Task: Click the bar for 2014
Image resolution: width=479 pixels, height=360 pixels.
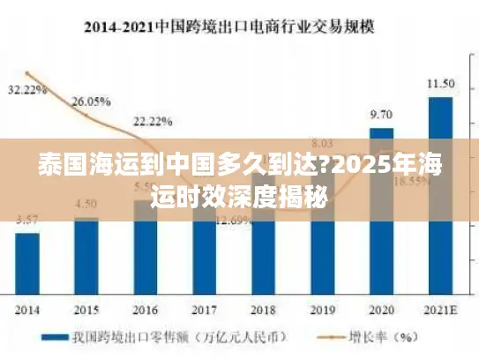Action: pos(27,264)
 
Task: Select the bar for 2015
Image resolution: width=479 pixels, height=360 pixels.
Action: pos(86,257)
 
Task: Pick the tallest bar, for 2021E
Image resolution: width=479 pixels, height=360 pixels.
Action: pos(440,195)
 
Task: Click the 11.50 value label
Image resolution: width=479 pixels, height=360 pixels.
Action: pos(440,84)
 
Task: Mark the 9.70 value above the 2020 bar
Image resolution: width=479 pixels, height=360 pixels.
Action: pos(381,115)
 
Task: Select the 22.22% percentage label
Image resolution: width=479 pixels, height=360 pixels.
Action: pos(153,120)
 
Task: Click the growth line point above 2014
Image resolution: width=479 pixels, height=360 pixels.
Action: pos(27,73)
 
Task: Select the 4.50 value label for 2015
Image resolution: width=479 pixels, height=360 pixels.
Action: pos(86,203)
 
